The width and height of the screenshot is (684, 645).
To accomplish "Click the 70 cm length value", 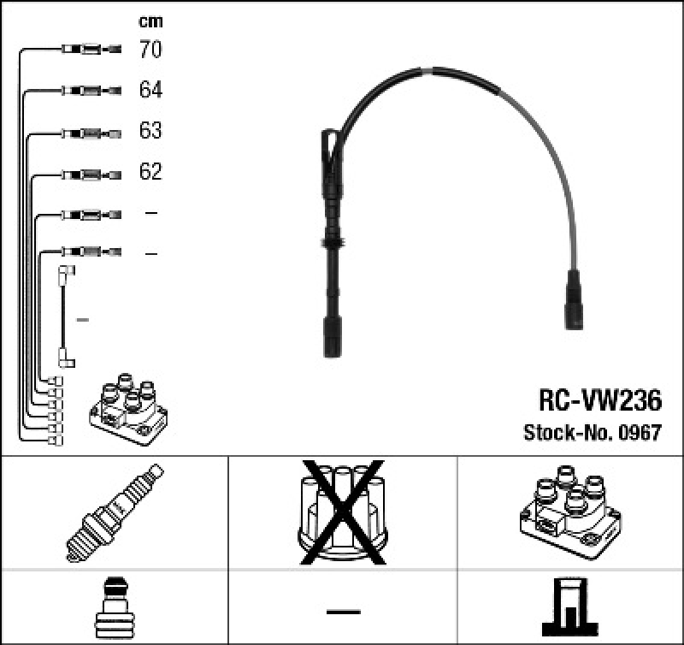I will click(x=150, y=50).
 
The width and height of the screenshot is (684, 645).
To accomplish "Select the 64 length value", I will click(x=150, y=90).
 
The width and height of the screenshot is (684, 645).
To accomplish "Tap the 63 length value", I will click(x=150, y=131).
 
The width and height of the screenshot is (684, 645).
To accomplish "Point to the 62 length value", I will click(x=150, y=172).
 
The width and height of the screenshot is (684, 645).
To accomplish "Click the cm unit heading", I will click(x=150, y=21).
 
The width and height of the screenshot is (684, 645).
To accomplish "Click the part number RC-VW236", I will click(x=599, y=400).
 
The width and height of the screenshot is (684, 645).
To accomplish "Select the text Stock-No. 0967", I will click(x=592, y=434).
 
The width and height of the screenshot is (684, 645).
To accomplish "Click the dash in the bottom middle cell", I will click(x=342, y=611).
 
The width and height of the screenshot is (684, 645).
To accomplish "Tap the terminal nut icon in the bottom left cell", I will click(x=114, y=607).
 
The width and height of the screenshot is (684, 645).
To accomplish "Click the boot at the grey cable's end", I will click(x=575, y=300).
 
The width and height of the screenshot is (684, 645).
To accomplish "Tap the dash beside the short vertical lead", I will click(x=83, y=319).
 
